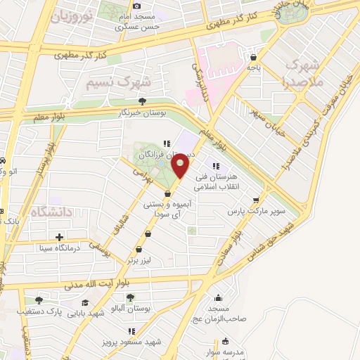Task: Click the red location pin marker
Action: (181, 166)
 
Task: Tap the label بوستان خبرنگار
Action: (143, 112)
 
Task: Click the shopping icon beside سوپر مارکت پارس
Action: (264, 199)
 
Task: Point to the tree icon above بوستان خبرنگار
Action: (143, 101)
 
